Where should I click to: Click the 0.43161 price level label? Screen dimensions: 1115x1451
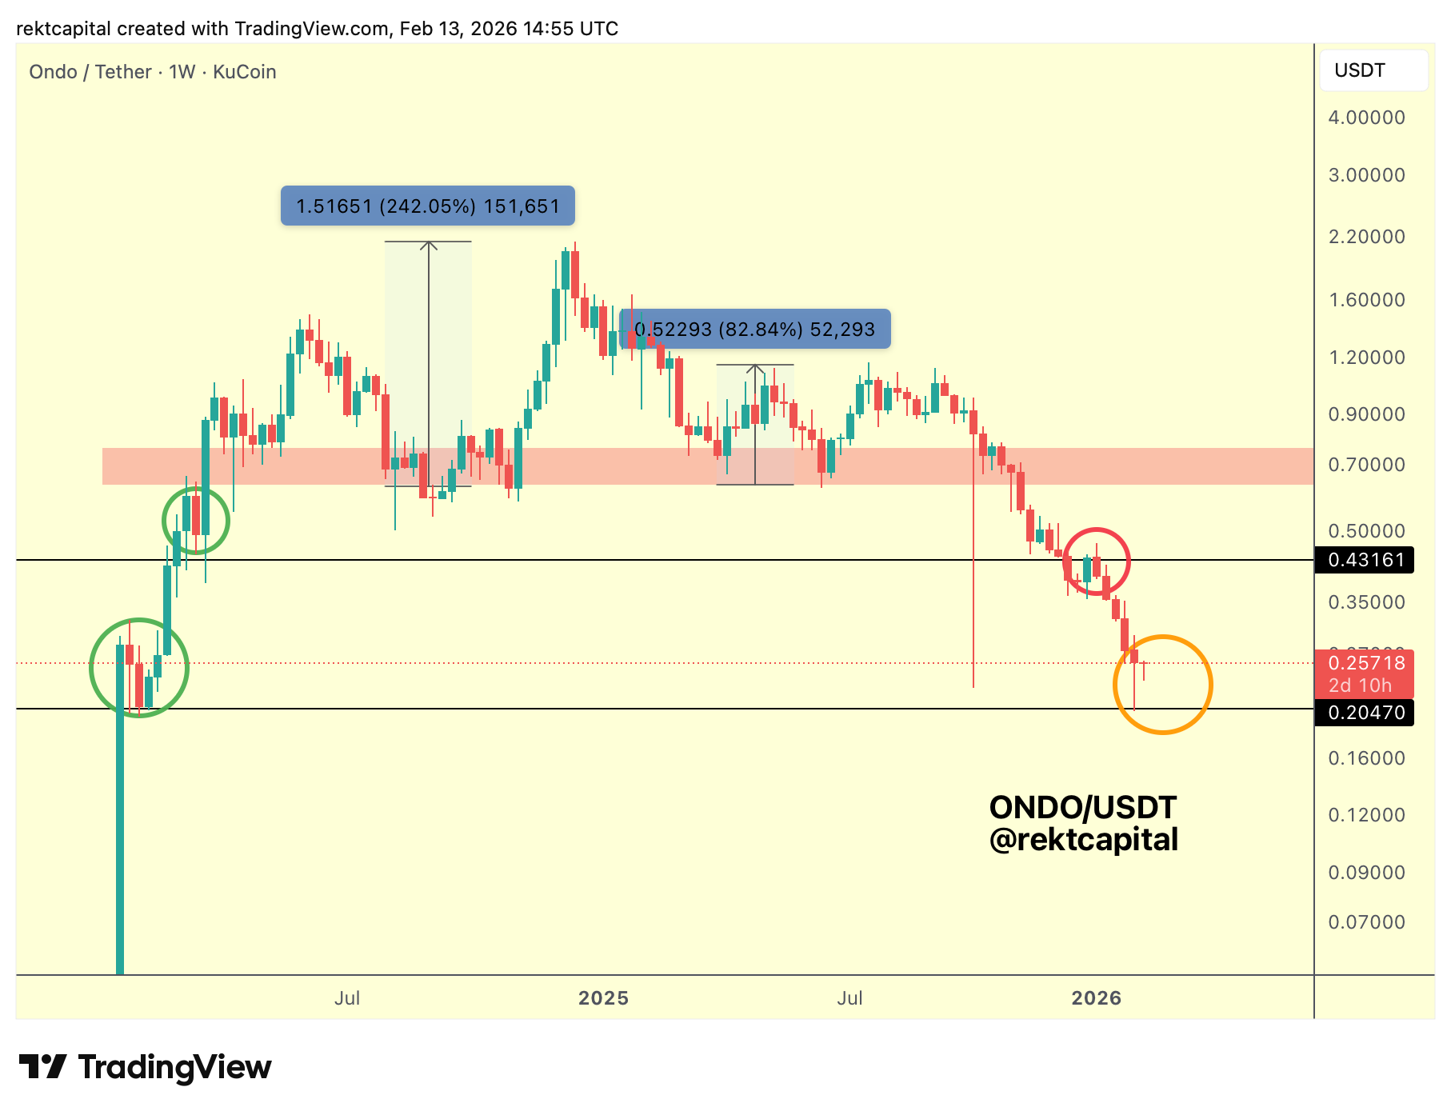pos(1365,560)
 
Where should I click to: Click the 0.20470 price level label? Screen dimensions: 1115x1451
pos(1365,712)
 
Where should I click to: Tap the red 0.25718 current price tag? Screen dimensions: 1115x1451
pos(1365,664)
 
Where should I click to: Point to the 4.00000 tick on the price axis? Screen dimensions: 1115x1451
pos(1366,118)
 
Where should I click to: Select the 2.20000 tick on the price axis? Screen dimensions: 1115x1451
pos(1366,237)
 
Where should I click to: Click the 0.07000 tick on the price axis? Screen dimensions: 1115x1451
pos(1366,922)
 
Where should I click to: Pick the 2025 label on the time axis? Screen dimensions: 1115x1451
pos(603,998)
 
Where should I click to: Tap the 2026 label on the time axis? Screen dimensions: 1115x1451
pos(1096,998)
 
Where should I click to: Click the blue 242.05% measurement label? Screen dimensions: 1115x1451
pos(427,206)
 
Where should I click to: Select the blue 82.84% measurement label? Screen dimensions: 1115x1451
pos(755,330)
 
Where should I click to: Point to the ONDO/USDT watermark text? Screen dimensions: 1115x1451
pos(1082,808)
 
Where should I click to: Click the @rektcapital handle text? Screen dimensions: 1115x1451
pos(1083,840)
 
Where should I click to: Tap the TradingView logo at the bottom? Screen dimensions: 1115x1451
pos(145,1068)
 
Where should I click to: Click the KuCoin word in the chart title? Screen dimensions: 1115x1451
pos(244,72)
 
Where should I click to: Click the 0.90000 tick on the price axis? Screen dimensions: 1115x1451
pos(1366,414)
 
